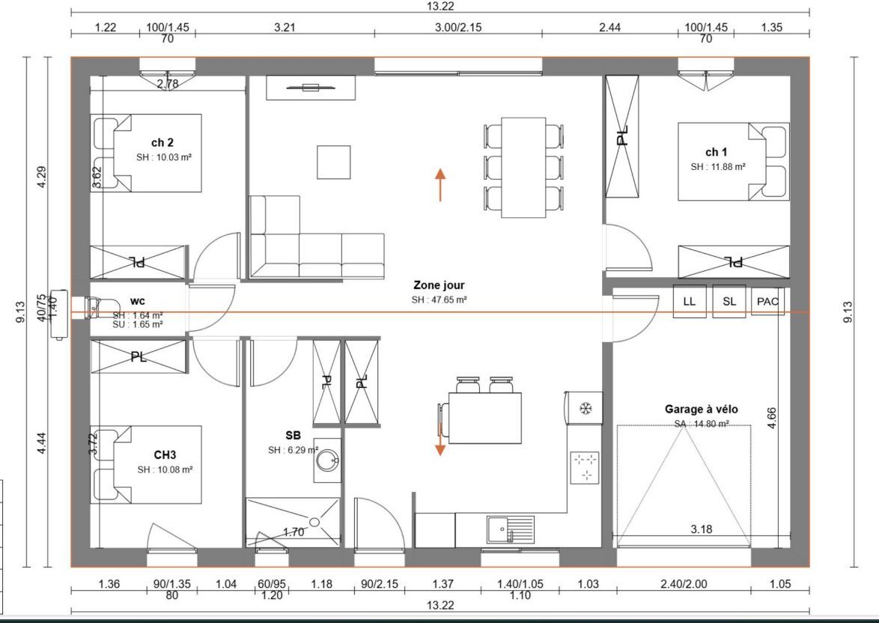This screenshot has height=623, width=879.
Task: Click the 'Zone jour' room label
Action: [x=439, y=285]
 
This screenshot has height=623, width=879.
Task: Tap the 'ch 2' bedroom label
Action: [x=162, y=143]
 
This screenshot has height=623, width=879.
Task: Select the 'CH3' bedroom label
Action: [x=165, y=455]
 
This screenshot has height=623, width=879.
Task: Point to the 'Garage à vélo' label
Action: [x=702, y=410]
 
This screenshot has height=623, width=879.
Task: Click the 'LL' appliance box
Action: [x=690, y=302]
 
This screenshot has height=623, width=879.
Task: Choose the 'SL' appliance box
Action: [x=729, y=302]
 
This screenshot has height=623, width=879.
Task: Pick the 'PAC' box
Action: [x=767, y=302]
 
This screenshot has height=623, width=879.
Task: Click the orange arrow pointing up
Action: [x=440, y=184]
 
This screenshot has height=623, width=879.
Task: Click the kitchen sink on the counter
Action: [x=511, y=530]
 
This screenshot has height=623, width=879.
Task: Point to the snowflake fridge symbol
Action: [x=586, y=408]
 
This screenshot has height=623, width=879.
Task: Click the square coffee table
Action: [x=333, y=162]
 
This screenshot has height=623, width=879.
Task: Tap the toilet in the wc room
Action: [x=92, y=307]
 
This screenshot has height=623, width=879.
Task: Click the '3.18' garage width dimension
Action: [x=702, y=529]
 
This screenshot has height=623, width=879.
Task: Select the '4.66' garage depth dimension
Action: [x=771, y=419]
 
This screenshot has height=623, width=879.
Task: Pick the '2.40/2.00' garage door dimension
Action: [x=684, y=584]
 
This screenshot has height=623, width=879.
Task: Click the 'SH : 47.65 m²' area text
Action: [x=439, y=300]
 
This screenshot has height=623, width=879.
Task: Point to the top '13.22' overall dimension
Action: [x=440, y=6]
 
